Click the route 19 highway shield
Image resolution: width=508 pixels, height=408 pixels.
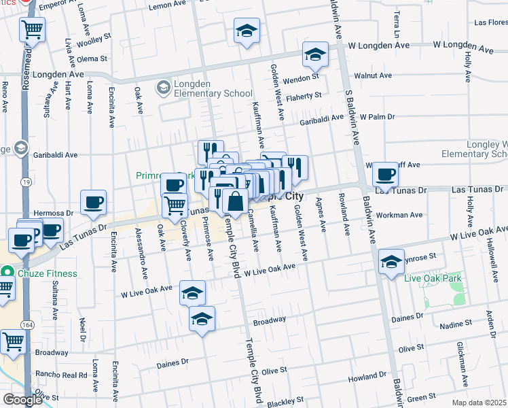point(25,182)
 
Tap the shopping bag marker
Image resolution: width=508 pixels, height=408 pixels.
point(235,202)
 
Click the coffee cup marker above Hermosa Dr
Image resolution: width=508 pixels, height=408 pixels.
point(93,201)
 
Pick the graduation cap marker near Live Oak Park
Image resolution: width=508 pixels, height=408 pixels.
point(391,262)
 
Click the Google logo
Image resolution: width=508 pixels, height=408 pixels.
point(22,400)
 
